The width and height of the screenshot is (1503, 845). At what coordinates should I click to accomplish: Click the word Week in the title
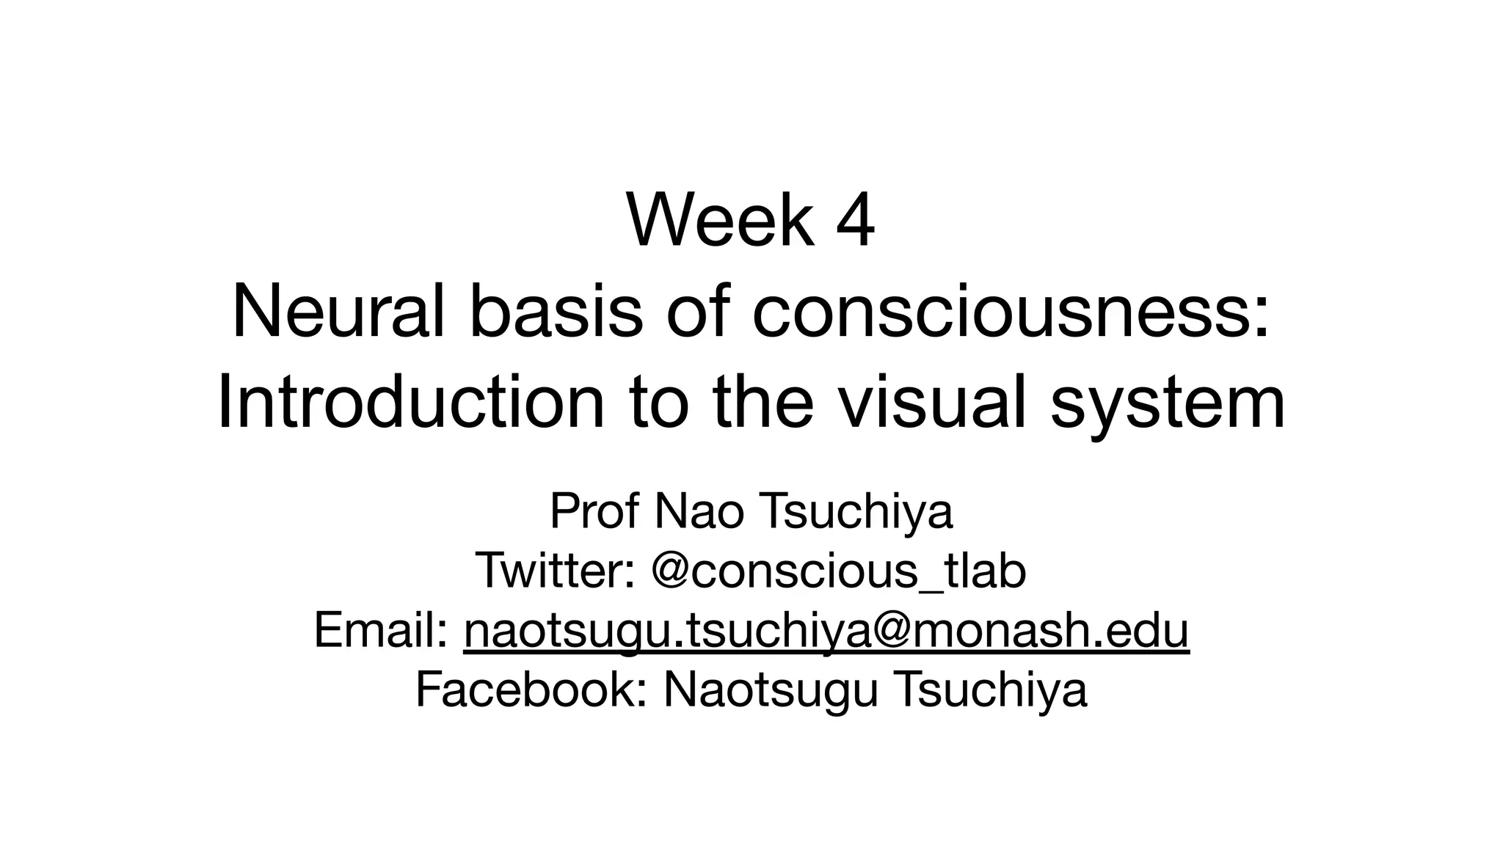click(720, 221)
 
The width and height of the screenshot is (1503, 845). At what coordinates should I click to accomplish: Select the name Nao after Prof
click(698, 511)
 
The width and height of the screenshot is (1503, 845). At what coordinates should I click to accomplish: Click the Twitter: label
click(556, 571)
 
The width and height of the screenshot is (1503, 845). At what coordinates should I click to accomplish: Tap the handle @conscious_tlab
click(838, 571)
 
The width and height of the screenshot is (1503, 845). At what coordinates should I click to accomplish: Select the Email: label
click(381, 630)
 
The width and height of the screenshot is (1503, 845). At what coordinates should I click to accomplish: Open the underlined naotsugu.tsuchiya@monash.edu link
click(826, 630)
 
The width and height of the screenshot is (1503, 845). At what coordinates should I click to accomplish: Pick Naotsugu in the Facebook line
click(771, 689)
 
